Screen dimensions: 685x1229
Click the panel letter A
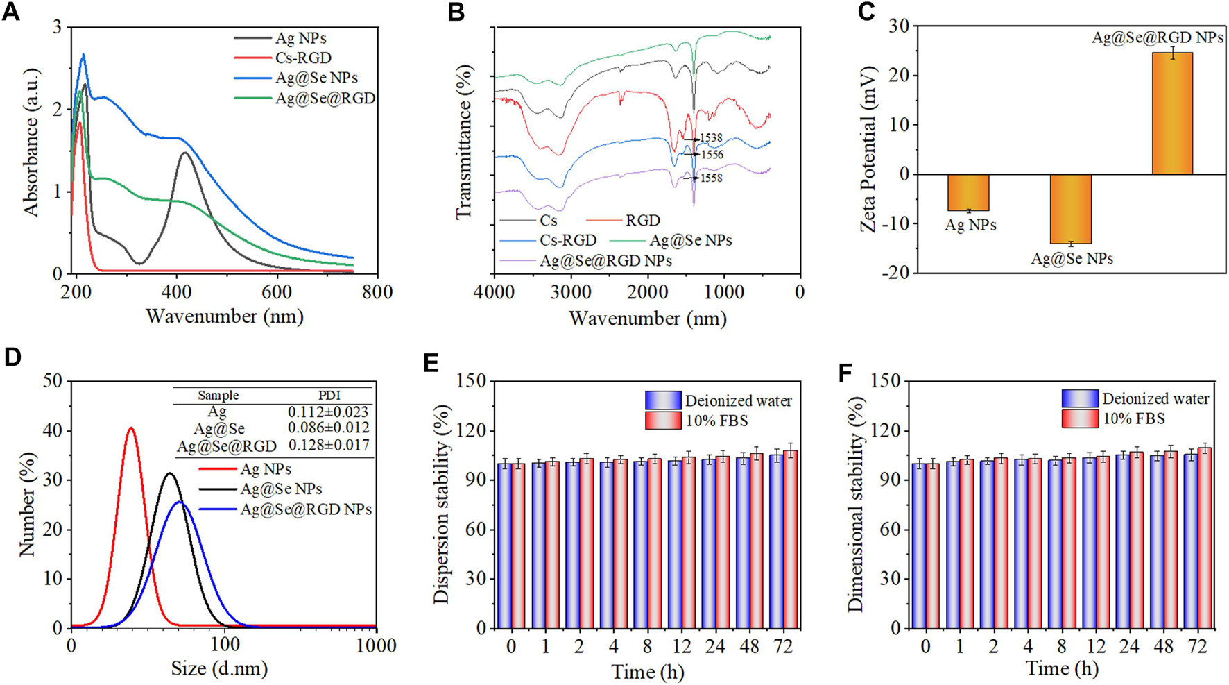(x=11, y=12)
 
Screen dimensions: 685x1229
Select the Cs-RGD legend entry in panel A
(x=302, y=58)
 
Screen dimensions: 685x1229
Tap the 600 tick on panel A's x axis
(x=277, y=291)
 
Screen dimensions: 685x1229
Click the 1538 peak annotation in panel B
(x=711, y=138)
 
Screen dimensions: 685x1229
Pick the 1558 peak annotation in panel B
(x=711, y=178)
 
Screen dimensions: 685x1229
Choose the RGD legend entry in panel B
(x=642, y=221)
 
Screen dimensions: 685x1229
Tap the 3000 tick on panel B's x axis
(x=571, y=291)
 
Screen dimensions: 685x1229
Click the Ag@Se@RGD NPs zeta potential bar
(x=1172, y=113)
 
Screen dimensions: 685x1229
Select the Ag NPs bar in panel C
(x=968, y=192)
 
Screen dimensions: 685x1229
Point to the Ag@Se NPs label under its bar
(x=1072, y=259)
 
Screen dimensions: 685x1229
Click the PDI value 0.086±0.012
(x=329, y=428)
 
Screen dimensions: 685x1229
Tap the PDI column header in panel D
(x=329, y=395)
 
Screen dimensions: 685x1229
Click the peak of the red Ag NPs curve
(x=130, y=428)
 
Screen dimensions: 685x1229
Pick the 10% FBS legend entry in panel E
(x=716, y=421)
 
